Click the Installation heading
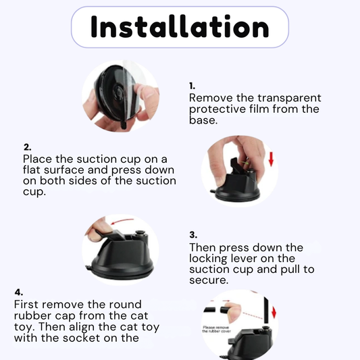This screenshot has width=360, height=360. (180, 27)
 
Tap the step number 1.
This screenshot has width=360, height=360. (192, 86)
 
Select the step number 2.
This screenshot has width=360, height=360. (27, 147)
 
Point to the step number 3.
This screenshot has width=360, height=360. (193, 235)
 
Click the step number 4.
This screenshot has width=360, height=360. (19, 292)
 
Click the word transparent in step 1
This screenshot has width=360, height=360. (289, 98)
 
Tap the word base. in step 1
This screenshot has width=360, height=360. (203, 120)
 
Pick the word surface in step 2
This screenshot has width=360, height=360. (64, 170)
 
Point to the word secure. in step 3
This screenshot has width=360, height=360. (209, 280)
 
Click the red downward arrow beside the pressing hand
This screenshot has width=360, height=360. (271, 159)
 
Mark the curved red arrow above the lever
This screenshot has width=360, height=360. (122, 222)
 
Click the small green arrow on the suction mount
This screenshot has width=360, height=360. (245, 163)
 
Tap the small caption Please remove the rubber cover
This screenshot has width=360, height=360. (216, 329)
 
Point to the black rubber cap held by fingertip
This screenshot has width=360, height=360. (225, 310)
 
